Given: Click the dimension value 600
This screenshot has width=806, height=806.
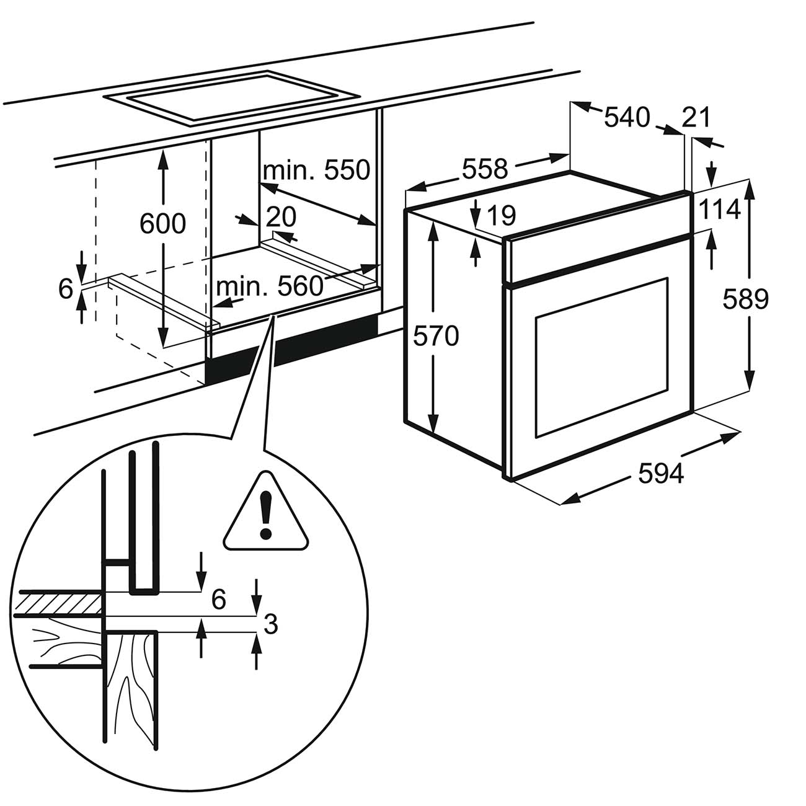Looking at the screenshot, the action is (162, 224).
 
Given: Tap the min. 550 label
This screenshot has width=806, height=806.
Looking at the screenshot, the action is (317, 170).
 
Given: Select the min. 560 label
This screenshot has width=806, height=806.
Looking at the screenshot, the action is (270, 286).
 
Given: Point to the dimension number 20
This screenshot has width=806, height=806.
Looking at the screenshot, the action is (281, 216).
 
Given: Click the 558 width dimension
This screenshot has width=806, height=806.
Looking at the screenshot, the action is (485, 169).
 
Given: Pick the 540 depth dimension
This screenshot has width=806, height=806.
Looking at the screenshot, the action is (627, 117).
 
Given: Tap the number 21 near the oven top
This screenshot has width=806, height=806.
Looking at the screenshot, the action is (696, 117).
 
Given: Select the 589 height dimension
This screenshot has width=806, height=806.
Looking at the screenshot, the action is (746, 299).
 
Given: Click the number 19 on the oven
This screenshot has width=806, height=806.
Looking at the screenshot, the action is (501, 215).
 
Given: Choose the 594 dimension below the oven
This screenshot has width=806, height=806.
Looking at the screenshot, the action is (660, 474).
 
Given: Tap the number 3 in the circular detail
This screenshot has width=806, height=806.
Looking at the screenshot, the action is (270, 637).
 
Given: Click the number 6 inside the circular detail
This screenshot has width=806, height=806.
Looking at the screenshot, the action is (219, 600).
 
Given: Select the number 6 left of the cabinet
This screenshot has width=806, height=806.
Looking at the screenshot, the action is (66, 288).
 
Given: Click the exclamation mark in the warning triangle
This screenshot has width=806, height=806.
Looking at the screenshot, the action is (266, 514).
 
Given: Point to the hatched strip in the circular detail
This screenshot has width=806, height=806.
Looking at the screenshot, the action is (58, 603).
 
